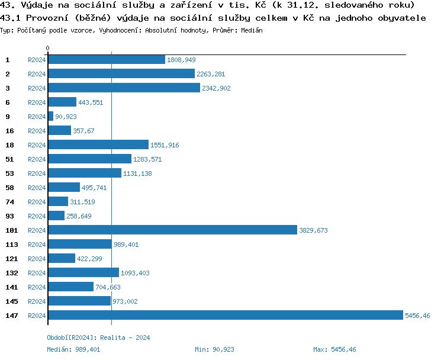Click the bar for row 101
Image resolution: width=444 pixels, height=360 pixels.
(x=172, y=230)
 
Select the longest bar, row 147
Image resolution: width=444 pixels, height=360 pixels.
(x=225, y=316)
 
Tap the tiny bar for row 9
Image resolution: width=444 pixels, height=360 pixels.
(x=50, y=117)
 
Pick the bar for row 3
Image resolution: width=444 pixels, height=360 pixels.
(x=124, y=88)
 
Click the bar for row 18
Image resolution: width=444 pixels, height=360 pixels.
(x=98, y=145)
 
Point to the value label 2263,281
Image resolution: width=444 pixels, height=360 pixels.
(x=211, y=74)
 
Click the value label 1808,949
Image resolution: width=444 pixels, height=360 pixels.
(x=181, y=60)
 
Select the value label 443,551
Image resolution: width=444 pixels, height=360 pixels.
(x=91, y=102)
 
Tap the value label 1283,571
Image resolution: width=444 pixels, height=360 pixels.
(x=147, y=159)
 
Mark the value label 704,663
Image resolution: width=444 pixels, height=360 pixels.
(x=108, y=287)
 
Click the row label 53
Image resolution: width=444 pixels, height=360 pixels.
(x=9, y=173)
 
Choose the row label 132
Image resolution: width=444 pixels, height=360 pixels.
(x=11, y=273)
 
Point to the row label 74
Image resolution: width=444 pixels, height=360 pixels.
(x=9, y=202)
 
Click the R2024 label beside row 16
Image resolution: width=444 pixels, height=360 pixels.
(x=37, y=131)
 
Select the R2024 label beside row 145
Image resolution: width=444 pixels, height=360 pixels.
(x=37, y=301)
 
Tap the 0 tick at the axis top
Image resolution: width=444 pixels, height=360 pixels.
(x=47, y=48)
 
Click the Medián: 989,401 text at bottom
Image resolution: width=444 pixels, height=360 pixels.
(x=73, y=349)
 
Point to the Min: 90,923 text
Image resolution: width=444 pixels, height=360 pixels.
(x=214, y=349)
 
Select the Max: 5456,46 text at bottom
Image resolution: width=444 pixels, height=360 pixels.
(x=334, y=349)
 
